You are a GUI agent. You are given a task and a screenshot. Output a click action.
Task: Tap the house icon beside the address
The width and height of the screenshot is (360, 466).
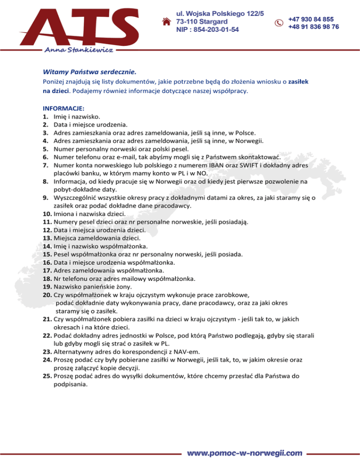pos(165,22)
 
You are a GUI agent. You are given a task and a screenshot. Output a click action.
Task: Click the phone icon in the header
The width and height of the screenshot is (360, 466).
pos(278,23)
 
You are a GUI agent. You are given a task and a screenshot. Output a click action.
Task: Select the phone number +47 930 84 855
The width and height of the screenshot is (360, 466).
pos(311,19)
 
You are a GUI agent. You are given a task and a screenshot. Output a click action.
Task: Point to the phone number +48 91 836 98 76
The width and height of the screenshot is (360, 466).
pos(314,27)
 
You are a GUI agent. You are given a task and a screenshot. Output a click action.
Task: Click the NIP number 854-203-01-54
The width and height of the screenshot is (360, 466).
pos(207,30)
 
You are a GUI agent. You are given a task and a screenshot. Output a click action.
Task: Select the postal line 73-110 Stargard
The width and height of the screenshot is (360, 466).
pos(202,22)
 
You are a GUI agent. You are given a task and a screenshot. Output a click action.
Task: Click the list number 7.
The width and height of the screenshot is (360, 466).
pos(46,165)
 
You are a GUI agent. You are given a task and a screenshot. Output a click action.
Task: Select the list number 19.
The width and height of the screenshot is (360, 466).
pos(47,287)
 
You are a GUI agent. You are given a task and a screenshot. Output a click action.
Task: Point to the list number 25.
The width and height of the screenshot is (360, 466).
pos(47,376)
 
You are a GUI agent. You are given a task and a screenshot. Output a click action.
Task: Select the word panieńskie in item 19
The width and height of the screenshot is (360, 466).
pos(104,287)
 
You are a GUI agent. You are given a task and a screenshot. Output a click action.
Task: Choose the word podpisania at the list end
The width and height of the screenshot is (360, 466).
pos(70,384)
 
